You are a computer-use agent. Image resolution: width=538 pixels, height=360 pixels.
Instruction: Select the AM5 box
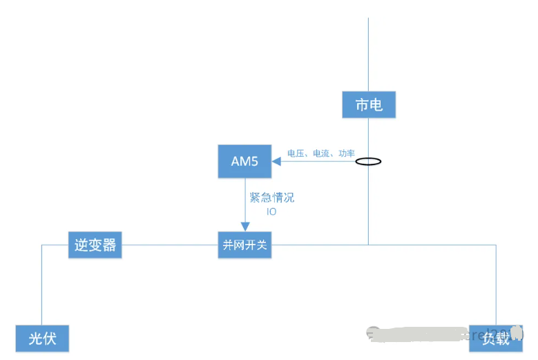pyautogui.click(x=244, y=162)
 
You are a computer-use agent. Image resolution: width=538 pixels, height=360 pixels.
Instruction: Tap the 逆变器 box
pyautogui.click(x=95, y=245)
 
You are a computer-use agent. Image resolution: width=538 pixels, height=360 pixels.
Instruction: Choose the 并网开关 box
pyautogui.click(x=244, y=245)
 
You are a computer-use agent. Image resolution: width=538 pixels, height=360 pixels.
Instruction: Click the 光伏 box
pyautogui.click(x=42, y=339)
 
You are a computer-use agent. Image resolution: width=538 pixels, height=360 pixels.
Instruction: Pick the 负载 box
pyautogui.click(x=495, y=339)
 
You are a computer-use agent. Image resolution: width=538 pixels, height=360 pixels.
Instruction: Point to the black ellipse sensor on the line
pyautogui.click(x=368, y=162)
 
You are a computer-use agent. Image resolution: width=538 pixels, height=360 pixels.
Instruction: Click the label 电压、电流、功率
pyautogui.click(x=320, y=153)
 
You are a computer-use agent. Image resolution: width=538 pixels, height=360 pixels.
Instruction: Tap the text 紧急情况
pyautogui.click(x=271, y=198)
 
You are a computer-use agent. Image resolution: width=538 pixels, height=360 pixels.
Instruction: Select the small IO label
pyautogui.click(x=271, y=211)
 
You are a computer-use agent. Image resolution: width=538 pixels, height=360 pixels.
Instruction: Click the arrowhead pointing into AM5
pyautogui.click(x=276, y=162)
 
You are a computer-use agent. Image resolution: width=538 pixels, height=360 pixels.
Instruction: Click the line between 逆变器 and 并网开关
pyautogui.click(x=169, y=245)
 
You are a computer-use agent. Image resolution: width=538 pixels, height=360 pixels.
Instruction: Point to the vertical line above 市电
pyautogui.click(x=368, y=55)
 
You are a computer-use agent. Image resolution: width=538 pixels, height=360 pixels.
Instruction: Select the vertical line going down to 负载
pyautogui.click(x=496, y=283)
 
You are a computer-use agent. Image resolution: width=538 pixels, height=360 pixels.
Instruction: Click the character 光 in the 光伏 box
pyautogui.click(x=35, y=339)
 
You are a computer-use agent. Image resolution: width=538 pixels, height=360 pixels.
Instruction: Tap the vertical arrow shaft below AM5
pyautogui.click(x=244, y=200)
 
